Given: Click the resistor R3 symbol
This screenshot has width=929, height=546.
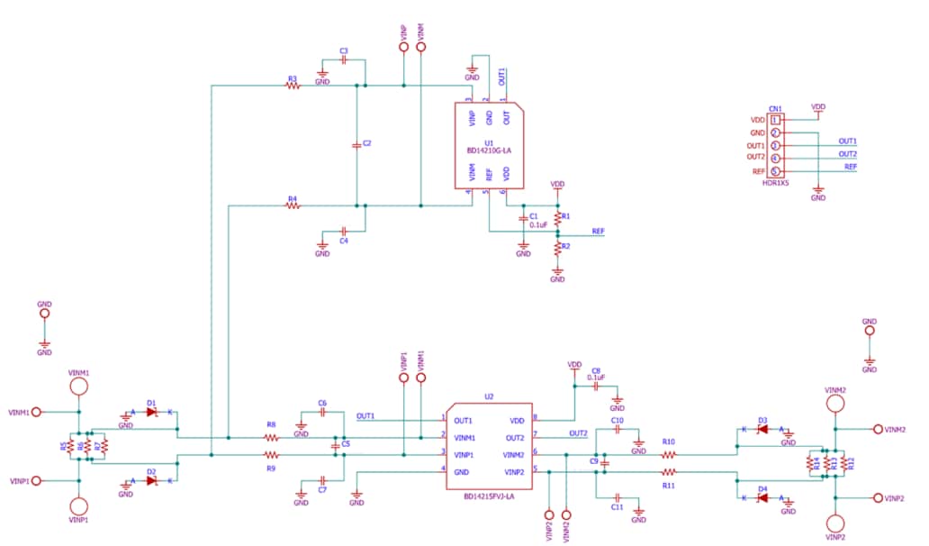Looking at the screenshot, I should tap(292, 86).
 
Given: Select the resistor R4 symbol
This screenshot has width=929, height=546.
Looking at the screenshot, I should tap(292, 206).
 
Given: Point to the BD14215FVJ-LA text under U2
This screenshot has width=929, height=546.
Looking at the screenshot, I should tap(489, 496).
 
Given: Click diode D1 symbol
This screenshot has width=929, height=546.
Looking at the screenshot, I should tap(151, 412).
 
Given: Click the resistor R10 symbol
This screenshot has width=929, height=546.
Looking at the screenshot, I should tap(668, 455).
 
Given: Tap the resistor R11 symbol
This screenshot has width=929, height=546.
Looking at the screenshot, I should tap(668, 472).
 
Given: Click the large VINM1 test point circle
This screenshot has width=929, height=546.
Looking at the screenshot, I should tap(78, 387).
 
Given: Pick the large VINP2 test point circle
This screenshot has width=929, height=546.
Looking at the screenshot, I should tap(835, 523).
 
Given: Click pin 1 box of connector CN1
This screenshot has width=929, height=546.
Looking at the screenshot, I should tap(774, 120).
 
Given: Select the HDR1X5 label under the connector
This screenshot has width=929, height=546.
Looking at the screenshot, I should tap(774, 183).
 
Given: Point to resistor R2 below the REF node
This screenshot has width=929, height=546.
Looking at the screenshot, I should tap(557, 247).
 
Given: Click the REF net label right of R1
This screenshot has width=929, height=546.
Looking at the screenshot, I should tap(598, 232).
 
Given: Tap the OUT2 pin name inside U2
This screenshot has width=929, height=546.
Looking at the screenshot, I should tap(514, 437).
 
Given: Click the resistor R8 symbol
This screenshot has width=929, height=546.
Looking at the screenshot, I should tap(271, 437).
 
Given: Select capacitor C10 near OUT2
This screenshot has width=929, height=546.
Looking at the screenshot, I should tap(618, 430).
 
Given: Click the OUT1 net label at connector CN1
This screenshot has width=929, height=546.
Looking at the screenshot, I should tap(847, 141).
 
